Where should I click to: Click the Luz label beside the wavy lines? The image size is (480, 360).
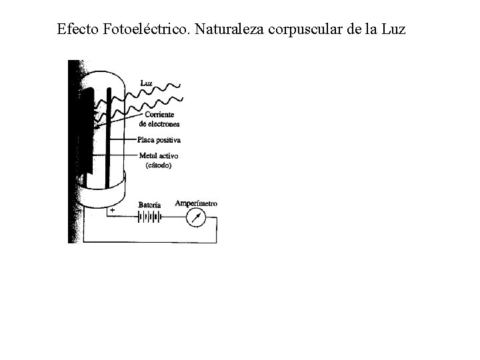click(x=147, y=83)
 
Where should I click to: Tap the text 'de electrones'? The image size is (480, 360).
click(x=159, y=124)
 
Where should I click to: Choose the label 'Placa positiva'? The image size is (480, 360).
click(x=159, y=140)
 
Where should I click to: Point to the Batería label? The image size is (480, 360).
click(x=150, y=205)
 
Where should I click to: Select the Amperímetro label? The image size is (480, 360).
click(x=195, y=203)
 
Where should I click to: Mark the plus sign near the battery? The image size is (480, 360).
click(x=111, y=209)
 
